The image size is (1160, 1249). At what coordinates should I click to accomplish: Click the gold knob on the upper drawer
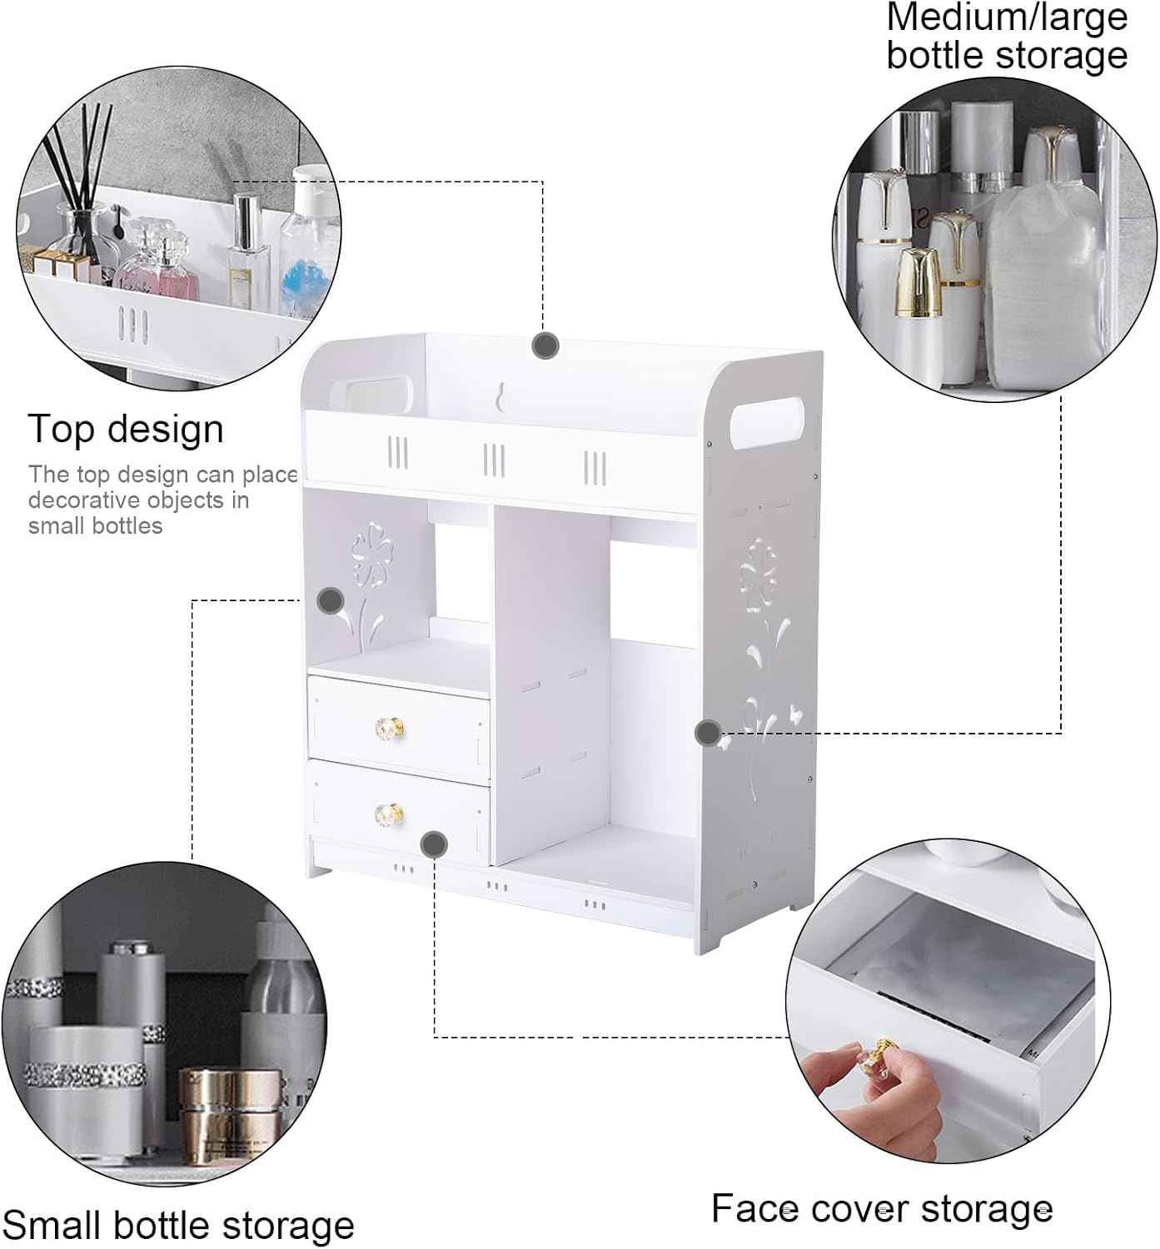tap(390, 729)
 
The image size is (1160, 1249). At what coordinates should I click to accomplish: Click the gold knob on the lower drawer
tap(390, 815)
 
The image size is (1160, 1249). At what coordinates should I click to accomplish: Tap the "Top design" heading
tap(126, 430)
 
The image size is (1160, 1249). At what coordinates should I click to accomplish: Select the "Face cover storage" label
tap(882, 1209)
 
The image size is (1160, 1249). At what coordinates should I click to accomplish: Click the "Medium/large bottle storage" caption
tap(1007, 37)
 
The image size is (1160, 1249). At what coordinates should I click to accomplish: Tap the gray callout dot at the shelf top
tap(545, 346)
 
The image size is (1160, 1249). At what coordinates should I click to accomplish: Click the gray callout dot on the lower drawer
tap(434, 844)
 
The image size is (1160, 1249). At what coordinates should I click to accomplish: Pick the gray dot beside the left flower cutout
tap(330, 601)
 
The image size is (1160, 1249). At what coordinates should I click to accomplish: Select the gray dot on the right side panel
tap(709, 733)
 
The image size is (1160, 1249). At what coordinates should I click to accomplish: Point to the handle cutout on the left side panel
tap(371, 395)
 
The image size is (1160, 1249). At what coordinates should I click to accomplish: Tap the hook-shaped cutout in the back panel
tap(500, 396)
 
